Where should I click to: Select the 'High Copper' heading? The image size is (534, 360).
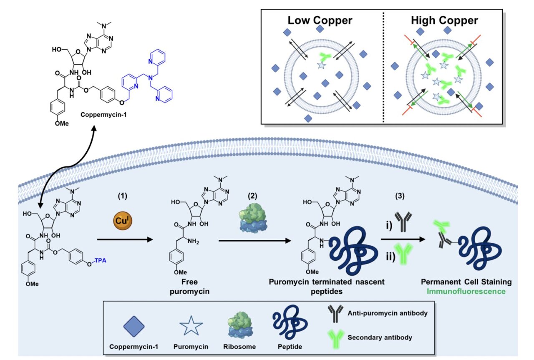coord(444,20)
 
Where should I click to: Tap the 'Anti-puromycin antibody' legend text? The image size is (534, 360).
coord(388,313)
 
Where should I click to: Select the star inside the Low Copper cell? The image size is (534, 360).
coord(321,65)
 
